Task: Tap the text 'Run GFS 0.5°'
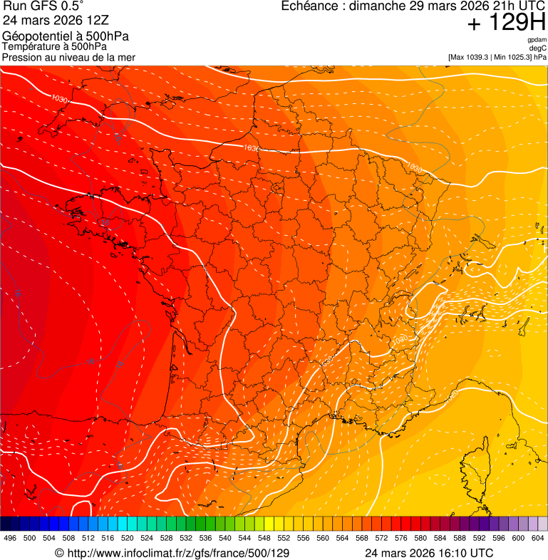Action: click(x=43, y=7)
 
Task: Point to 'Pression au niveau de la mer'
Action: click(x=69, y=57)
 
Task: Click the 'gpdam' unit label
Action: click(x=537, y=40)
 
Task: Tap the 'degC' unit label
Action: click(x=539, y=48)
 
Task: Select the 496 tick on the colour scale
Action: click(x=10, y=539)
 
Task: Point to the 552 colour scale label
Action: click(x=284, y=539)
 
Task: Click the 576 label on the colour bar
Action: click(x=400, y=539)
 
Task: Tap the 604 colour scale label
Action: click(x=537, y=539)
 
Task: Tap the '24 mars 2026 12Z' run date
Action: click(x=56, y=21)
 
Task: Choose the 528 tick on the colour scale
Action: click(x=166, y=539)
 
